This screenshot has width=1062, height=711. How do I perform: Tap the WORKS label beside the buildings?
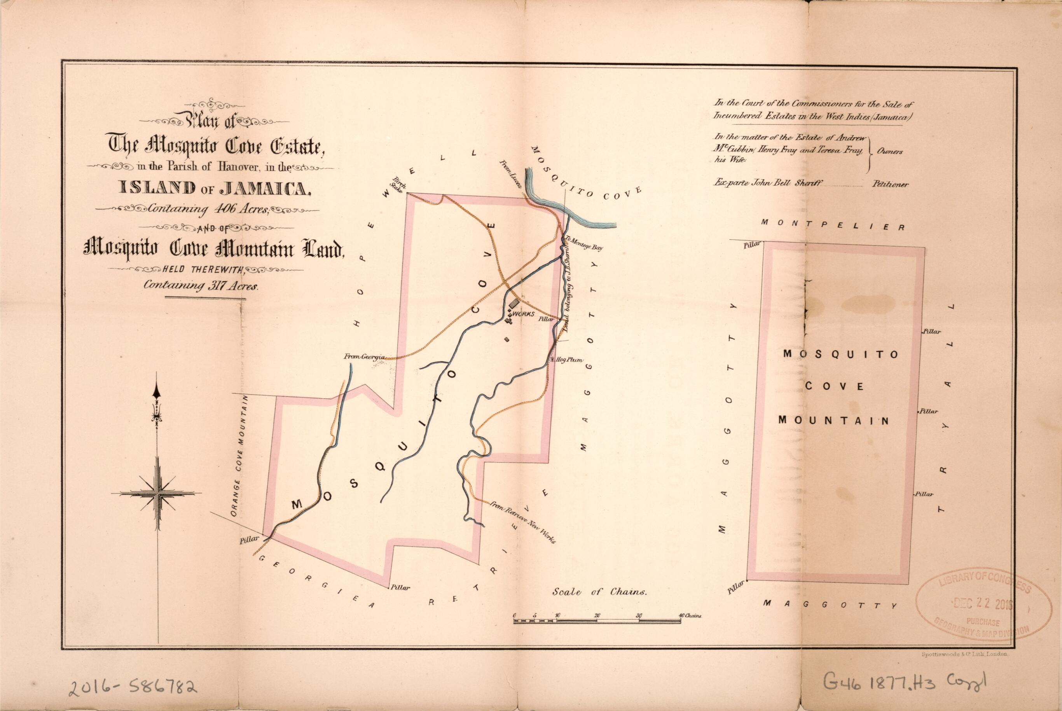525,314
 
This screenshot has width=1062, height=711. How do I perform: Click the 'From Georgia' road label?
365,357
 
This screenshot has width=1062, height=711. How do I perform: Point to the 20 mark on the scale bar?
597,615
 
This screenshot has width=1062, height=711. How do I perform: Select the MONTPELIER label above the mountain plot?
833,225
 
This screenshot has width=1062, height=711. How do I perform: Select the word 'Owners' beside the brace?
889,152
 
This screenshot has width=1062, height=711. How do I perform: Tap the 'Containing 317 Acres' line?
201,286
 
